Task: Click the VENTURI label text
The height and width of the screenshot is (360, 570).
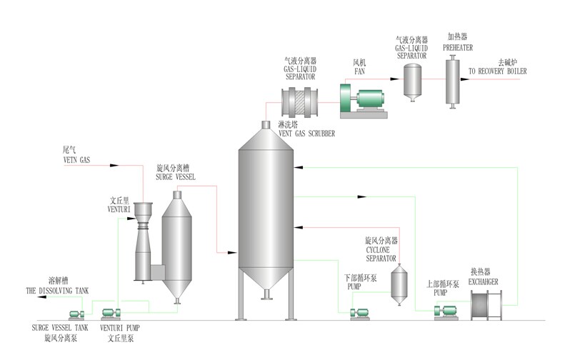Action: pyautogui.click(x=119, y=209)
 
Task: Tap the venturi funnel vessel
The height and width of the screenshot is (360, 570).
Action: pyautogui.click(x=143, y=243)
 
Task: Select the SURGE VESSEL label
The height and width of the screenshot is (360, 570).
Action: pyautogui.click(x=176, y=177)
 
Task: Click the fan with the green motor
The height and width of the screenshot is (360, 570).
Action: pyautogui.click(x=363, y=101)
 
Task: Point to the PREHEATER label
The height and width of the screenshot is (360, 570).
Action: pyautogui.click(x=458, y=48)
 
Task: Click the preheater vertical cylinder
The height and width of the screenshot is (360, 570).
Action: pyautogui.click(x=453, y=81)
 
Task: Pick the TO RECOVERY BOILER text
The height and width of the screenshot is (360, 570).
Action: pyautogui.click(x=497, y=71)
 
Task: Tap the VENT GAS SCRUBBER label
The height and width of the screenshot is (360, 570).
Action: pyautogui.click(x=306, y=134)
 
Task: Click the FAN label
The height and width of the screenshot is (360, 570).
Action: pyautogui.click(x=359, y=71)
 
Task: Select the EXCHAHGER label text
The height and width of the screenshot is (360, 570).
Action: pyautogui.click(x=483, y=282)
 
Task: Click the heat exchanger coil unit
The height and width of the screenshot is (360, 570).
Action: pyautogui.click(x=486, y=305)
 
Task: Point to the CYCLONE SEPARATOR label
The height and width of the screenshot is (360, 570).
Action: pyautogui.click(x=381, y=254)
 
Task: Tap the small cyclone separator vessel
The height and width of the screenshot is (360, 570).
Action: pyautogui.click(x=399, y=285)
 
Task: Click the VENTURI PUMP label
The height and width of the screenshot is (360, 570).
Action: pyautogui.click(x=119, y=328)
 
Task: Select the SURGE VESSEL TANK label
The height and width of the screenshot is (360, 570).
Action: pyautogui.click(x=60, y=328)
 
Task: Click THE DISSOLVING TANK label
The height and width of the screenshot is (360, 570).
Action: pyautogui.click(x=57, y=291)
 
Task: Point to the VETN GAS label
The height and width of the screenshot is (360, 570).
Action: pyautogui.click(x=76, y=160)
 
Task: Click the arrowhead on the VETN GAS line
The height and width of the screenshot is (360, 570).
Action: pyautogui.click(x=114, y=166)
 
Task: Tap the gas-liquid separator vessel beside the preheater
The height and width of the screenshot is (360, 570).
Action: pyautogui.click(x=412, y=83)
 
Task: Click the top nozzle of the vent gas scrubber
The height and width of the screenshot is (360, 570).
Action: pyautogui.click(x=266, y=125)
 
